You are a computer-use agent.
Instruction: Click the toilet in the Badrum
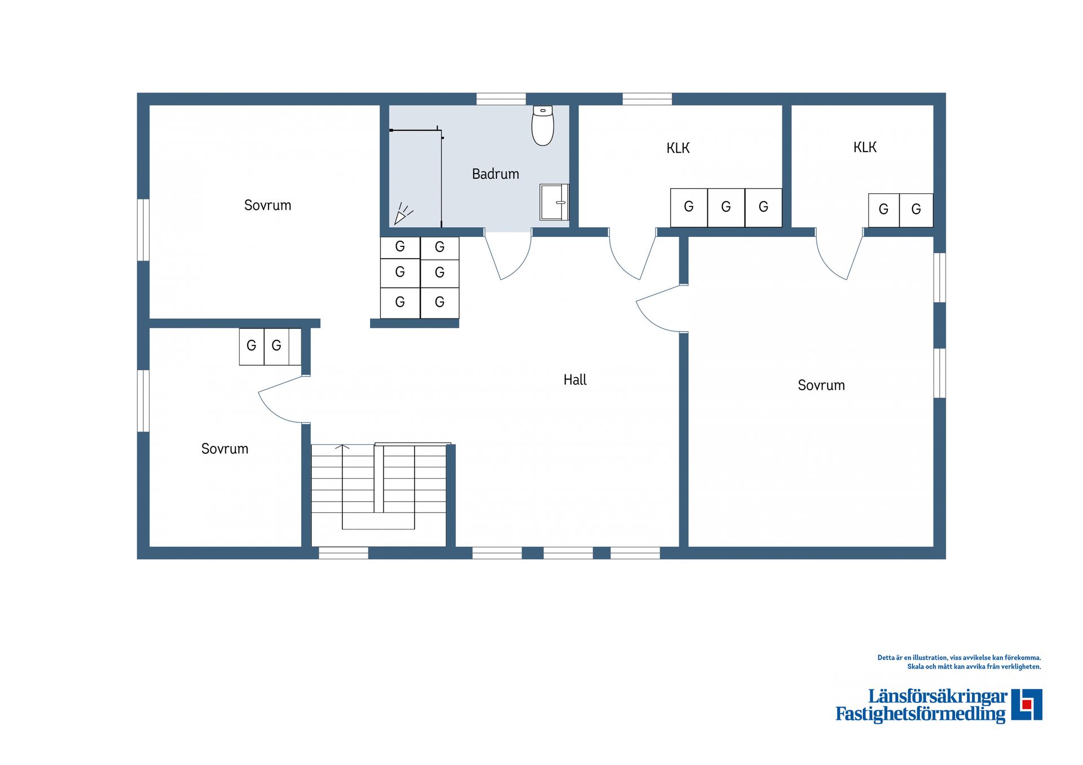coord(543,125)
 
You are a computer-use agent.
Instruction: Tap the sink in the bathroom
coord(554,202)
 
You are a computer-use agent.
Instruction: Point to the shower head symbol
coord(403,214)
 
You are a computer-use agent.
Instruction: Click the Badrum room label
coord(495,174)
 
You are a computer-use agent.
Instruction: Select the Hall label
coord(575,380)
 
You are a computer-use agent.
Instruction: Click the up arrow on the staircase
coord(342,447)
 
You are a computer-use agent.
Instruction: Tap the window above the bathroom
coord(501,99)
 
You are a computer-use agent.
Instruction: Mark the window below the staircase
coord(344,553)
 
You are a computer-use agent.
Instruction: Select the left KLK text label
coord(678,148)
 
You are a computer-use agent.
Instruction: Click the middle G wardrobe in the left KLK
coord(726,207)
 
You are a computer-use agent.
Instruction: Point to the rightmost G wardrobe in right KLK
coord(916,210)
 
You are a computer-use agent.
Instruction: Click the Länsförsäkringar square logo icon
coord(1027,705)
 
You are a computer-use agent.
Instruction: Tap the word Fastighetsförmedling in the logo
coord(921,714)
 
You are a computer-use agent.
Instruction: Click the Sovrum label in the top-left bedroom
coord(267,205)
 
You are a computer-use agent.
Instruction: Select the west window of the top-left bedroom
coord(144,230)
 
